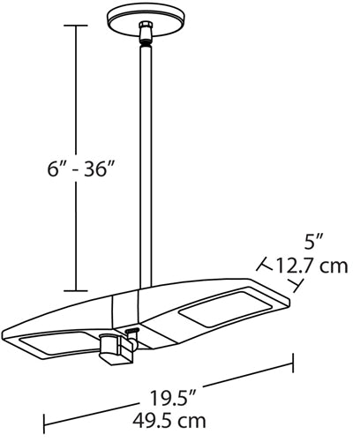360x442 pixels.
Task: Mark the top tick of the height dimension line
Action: [76, 26]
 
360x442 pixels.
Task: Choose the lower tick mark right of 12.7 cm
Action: [301, 284]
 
